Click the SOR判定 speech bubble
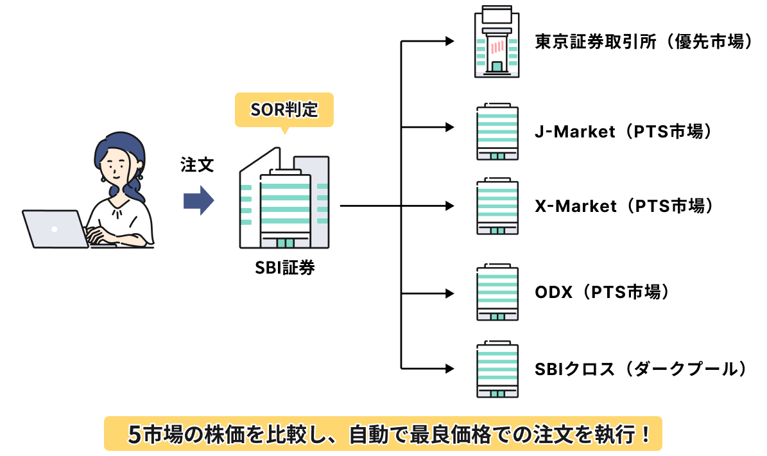coord(284,110)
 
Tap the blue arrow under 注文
coord(198,200)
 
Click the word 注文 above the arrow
coord(197,164)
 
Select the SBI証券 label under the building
coord(284,268)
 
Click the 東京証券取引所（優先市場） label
coord(643,42)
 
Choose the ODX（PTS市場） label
coord(603,292)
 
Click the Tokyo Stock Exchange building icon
coord(496,42)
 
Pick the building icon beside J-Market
coord(497,132)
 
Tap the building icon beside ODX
coord(497,293)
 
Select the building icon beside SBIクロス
coord(497,369)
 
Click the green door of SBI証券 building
coord(285,243)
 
